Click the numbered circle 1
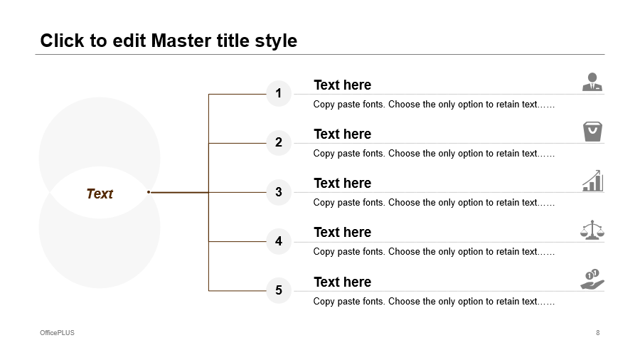click(279, 93)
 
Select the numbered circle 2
click(279, 142)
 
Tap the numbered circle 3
click(279, 192)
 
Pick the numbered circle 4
click(279, 241)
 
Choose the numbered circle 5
click(279, 290)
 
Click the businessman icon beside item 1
click(592, 82)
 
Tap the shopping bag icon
click(592, 132)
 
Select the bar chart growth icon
click(592, 181)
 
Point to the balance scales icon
click(592, 230)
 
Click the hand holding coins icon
click(592, 280)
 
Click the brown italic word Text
click(100, 194)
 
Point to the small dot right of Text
click(149, 192)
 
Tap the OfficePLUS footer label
click(57, 333)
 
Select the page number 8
click(598, 333)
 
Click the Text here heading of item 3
click(343, 184)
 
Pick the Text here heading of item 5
click(343, 282)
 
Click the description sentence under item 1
click(434, 105)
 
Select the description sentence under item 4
click(434, 252)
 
